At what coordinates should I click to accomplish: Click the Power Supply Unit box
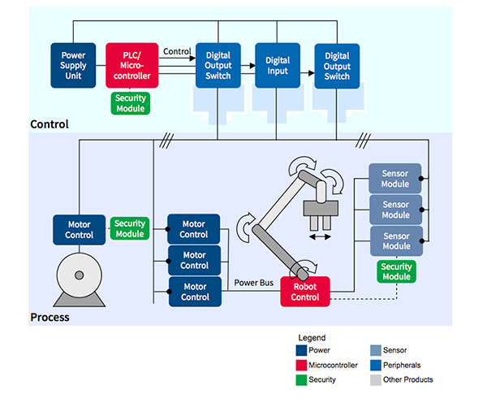74,65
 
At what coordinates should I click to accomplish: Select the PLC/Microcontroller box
131,65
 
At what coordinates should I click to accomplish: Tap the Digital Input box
278,65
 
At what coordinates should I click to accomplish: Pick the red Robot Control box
305,292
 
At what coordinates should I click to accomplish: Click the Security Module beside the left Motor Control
130,229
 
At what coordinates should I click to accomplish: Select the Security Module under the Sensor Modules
396,271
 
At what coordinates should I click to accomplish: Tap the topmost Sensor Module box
395,178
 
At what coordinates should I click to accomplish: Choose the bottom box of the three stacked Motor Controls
194,292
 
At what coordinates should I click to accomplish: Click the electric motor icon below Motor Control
79,279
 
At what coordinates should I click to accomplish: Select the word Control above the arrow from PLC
177,51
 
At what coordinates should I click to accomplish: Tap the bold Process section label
50,317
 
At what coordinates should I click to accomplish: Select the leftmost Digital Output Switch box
218,65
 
